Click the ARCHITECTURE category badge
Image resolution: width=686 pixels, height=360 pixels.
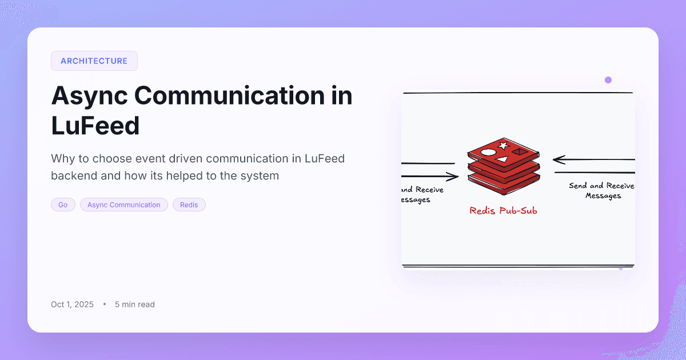[94, 61]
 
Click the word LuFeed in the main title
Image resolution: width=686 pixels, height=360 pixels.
[95, 125]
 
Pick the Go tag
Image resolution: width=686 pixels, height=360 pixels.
[63, 205]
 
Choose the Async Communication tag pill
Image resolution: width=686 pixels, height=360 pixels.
[124, 205]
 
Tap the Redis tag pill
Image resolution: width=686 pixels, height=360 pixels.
[189, 205]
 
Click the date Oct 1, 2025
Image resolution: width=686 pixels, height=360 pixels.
[72, 305]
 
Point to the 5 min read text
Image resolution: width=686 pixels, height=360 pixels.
[135, 305]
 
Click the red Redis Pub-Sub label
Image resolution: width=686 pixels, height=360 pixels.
[503, 211]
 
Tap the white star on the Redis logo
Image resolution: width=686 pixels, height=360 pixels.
[504, 146]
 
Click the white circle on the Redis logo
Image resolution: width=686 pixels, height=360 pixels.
[488, 153]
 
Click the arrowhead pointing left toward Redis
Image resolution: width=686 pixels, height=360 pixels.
[557, 159]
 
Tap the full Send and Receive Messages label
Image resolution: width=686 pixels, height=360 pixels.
[602, 191]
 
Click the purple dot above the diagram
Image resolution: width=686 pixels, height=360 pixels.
[608, 80]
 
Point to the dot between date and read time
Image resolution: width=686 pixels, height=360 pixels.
[105, 305]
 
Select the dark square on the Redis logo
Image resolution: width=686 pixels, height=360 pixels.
[519, 152]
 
